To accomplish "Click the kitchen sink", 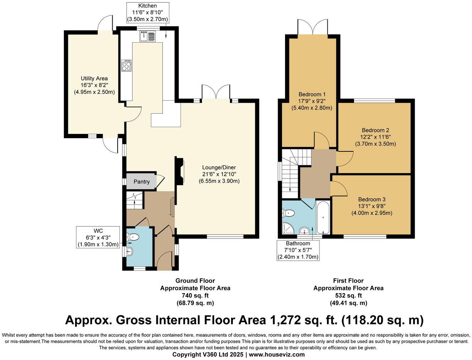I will [x=147, y=36].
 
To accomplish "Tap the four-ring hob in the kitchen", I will [x=127, y=65].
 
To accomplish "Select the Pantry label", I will [x=141, y=182].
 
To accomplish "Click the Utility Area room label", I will [x=94, y=79].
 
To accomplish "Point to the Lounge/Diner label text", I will [x=219, y=167].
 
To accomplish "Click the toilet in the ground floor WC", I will [x=133, y=237].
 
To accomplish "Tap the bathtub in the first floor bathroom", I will [x=323, y=218].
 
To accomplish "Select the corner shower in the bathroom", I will [x=288, y=229].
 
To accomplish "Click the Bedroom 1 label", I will [x=312, y=94].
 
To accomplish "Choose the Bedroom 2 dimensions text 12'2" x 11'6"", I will [x=375, y=137].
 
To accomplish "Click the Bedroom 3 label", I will [x=372, y=199].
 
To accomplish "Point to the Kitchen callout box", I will [x=147, y=12].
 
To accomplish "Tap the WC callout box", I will [x=98, y=238].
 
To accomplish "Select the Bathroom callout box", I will [x=298, y=250].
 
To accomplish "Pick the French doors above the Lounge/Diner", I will [x=216, y=93].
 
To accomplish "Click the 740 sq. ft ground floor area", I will [x=195, y=296].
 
